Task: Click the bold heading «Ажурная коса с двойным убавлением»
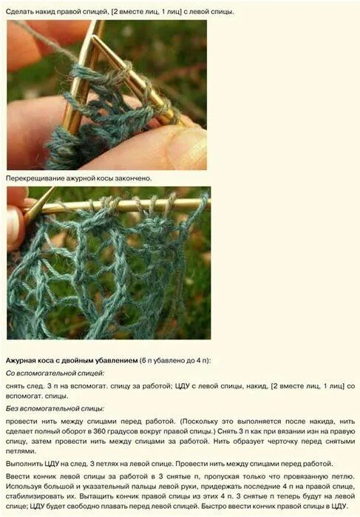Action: pos(72,360)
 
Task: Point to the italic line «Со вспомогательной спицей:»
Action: pos(55,374)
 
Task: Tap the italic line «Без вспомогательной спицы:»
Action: pos(55,408)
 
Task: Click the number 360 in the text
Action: pos(99,431)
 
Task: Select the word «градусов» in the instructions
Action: pos(122,431)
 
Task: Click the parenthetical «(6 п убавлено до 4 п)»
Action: pos(174,360)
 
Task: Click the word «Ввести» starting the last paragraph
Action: pos(18,476)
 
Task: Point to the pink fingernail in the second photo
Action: pos(15,227)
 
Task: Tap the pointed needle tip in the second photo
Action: pos(52,189)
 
